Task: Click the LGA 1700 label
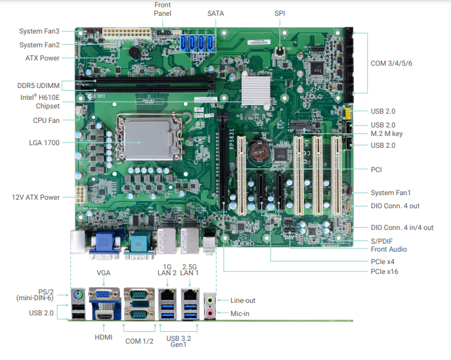tap(44, 143)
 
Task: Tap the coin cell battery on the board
tap(259, 151)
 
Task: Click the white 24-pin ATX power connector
tap(127, 34)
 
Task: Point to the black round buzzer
tap(135, 53)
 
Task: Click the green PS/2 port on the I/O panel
tap(78, 295)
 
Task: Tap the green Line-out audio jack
tap(210, 300)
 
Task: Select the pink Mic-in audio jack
tap(210, 313)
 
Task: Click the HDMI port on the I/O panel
tap(104, 316)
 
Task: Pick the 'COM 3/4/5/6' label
tap(391, 63)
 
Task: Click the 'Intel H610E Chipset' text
tap(39, 102)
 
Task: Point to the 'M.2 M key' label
tap(387, 133)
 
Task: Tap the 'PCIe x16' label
tap(384, 271)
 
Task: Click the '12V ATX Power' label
tap(35, 198)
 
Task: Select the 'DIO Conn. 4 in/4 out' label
tap(402, 227)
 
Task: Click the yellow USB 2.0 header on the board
tap(348, 114)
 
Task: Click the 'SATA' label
tap(215, 14)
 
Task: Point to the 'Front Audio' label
tap(389, 249)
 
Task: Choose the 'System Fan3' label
tap(39, 31)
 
